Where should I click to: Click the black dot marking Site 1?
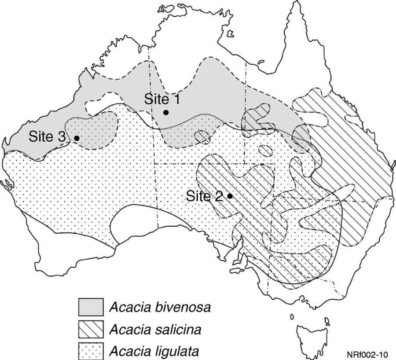click(166, 113)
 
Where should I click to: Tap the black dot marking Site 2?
click(230, 196)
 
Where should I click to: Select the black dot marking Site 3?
click(77, 138)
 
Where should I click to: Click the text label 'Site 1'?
click(161, 99)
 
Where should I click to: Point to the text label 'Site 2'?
click(204, 196)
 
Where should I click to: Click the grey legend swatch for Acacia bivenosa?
click(91, 307)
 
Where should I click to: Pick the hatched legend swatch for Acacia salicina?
click(91, 329)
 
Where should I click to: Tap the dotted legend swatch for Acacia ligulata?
click(91, 351)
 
